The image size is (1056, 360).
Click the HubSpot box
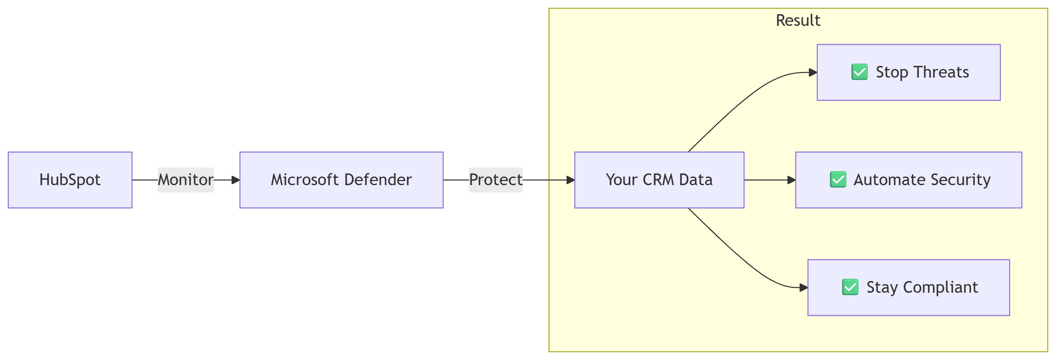(70, 180)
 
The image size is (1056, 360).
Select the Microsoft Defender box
(342, 180)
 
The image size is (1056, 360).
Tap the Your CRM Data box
(659, 180)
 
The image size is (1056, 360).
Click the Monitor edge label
(186, 180)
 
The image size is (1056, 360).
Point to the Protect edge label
(496, 180)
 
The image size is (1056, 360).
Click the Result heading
(798, 20)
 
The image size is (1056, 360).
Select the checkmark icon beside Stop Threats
(859, 72)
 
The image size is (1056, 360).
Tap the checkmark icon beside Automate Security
(838, 180)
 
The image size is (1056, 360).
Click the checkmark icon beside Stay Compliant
(850, 287)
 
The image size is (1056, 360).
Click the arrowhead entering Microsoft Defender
(236, 180)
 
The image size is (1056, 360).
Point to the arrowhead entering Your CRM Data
(570, 180)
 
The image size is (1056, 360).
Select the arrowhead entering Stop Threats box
(813, 72)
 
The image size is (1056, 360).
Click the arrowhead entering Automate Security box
(792, 180)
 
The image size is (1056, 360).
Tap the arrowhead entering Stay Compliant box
(803, 288)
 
